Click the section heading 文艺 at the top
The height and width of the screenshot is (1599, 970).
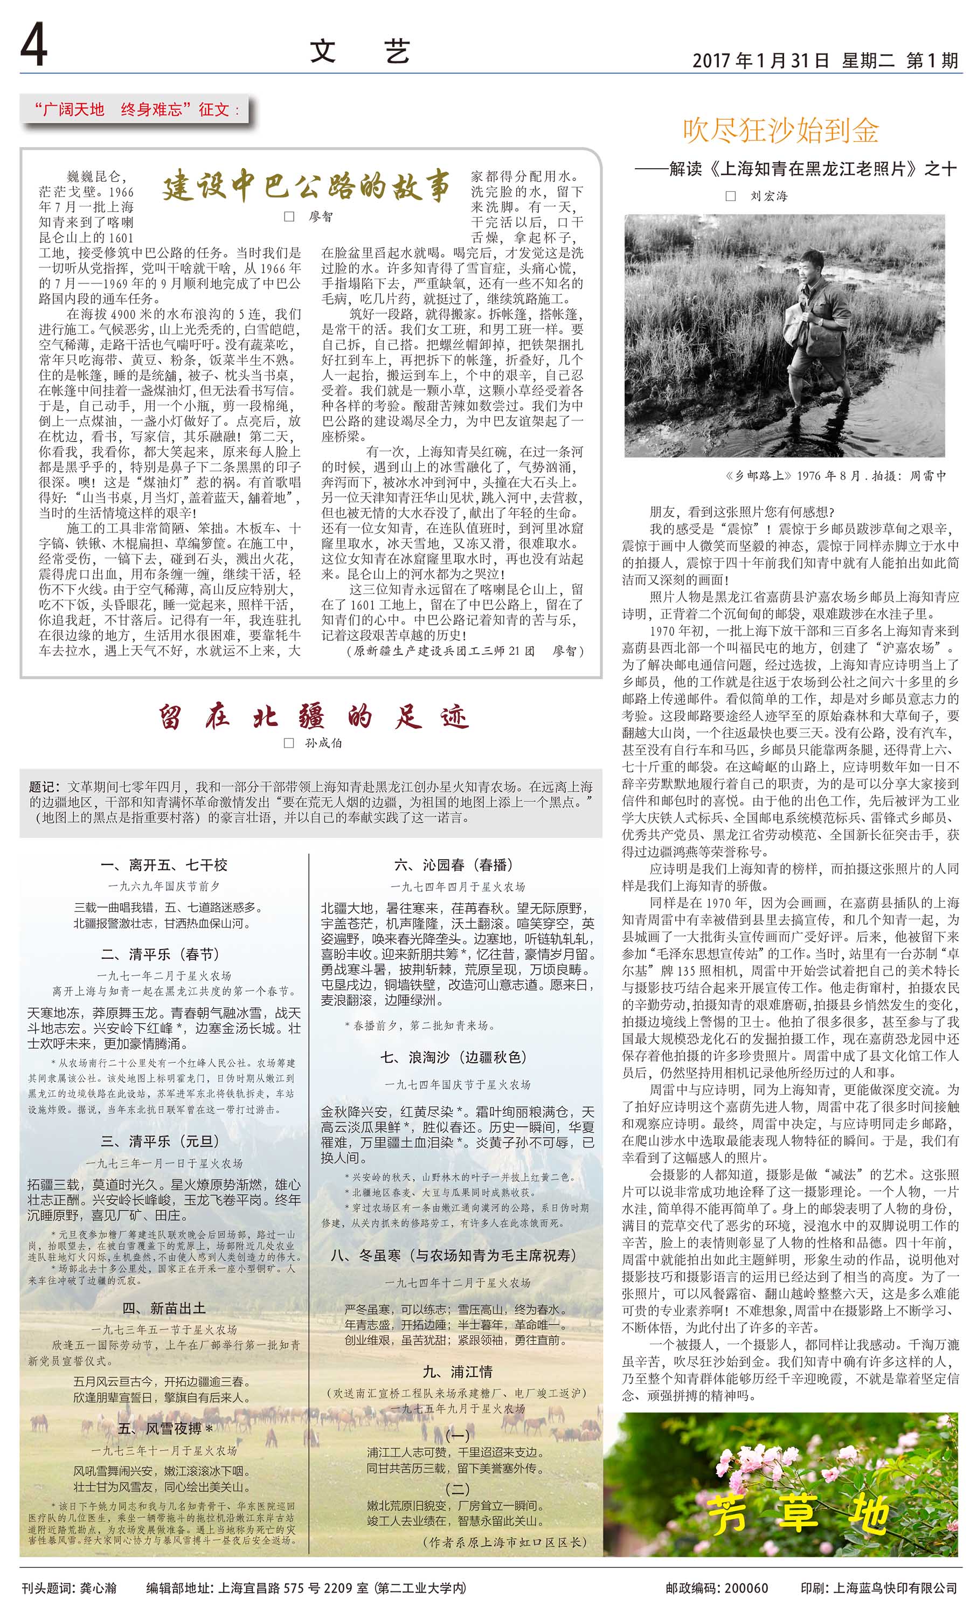359,52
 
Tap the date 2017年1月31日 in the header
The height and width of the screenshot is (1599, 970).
760,60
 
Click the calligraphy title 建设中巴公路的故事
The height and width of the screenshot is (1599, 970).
305,186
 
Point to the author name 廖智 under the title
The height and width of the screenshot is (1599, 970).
321,217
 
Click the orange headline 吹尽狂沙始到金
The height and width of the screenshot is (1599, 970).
780,130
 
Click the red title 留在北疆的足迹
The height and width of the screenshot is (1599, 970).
314,718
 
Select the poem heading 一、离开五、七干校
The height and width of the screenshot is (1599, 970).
164,865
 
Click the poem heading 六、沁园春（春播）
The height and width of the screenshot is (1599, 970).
454,865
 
